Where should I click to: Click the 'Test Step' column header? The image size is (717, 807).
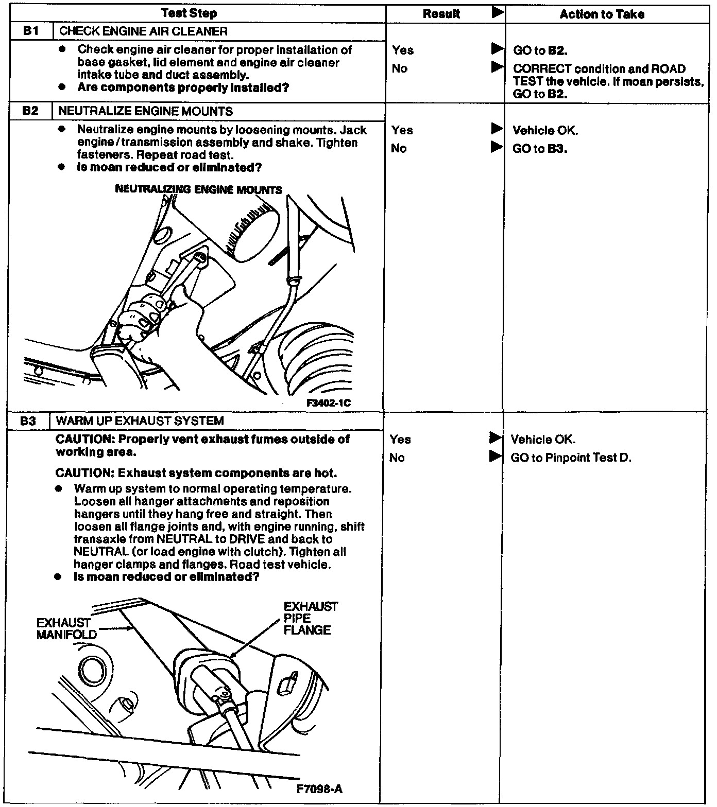point(189,13)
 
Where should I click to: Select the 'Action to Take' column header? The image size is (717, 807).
point(602,14)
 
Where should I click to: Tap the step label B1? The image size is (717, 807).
point(31,31)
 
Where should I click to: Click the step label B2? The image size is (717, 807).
point(31,111)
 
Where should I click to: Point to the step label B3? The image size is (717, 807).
point(28,421)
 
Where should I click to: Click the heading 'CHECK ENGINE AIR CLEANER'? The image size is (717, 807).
point(143,31)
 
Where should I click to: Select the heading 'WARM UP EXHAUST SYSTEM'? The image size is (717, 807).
point(140,421)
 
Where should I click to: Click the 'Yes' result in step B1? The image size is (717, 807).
point(402,50)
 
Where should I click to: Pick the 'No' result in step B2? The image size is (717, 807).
point(399,149)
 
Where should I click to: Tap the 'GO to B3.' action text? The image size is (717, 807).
point(540,149)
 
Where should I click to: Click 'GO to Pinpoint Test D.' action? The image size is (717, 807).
point(571,458)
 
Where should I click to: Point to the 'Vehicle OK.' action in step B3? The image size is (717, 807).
point(543,440)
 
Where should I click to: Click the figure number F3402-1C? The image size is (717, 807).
point(329,403)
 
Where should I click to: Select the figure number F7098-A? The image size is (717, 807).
point(319,789)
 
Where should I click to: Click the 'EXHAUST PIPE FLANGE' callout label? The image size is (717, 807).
point(310,618)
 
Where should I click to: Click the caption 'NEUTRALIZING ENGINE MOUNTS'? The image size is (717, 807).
point(198,189)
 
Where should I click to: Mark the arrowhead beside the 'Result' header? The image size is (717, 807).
point(498,13)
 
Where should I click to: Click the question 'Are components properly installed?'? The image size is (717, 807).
point(183,87)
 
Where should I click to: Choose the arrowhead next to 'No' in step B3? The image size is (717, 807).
point(495,456)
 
